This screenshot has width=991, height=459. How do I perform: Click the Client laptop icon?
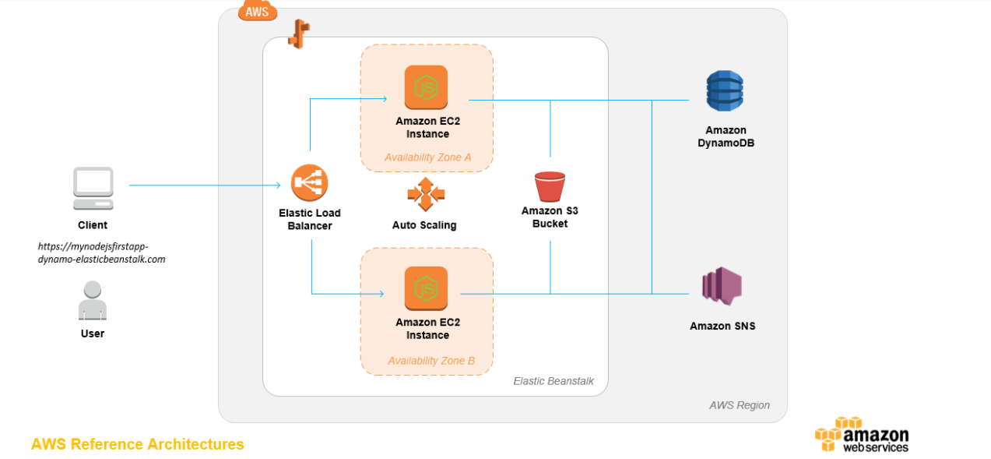[x=93, y=188]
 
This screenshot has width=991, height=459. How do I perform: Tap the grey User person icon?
[x=92, y=301]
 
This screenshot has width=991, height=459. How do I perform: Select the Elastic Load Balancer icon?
[x=309, y=184]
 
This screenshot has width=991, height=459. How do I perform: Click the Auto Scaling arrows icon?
[x=424, y=194]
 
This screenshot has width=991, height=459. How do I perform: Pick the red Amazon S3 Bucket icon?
[x=550, y=187]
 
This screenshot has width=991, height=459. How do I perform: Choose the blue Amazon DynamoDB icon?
[x=725, y=91]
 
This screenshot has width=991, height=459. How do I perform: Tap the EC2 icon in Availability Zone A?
[x=427, y=87]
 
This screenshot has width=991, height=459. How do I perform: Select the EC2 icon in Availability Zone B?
[x=427, y=288]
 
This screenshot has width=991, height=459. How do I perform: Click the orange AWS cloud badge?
[x=258, y=11]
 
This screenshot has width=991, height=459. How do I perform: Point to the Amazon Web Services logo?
[x=862, y=434]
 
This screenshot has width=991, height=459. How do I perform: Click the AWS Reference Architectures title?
[x=138, y=444]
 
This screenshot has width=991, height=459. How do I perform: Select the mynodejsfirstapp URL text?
[x=102, y=252]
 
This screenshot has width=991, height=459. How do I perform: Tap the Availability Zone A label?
[x=427, y=157]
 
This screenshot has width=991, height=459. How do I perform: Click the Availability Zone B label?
[x=430, y=361]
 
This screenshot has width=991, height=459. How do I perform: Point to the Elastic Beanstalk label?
[x=553, y=381]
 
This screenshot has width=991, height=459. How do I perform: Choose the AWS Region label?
[x=739, y=405]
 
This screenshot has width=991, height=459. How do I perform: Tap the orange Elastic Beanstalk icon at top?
[x=298, y=34]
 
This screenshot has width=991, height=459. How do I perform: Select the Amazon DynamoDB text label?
[x=726, y=136]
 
